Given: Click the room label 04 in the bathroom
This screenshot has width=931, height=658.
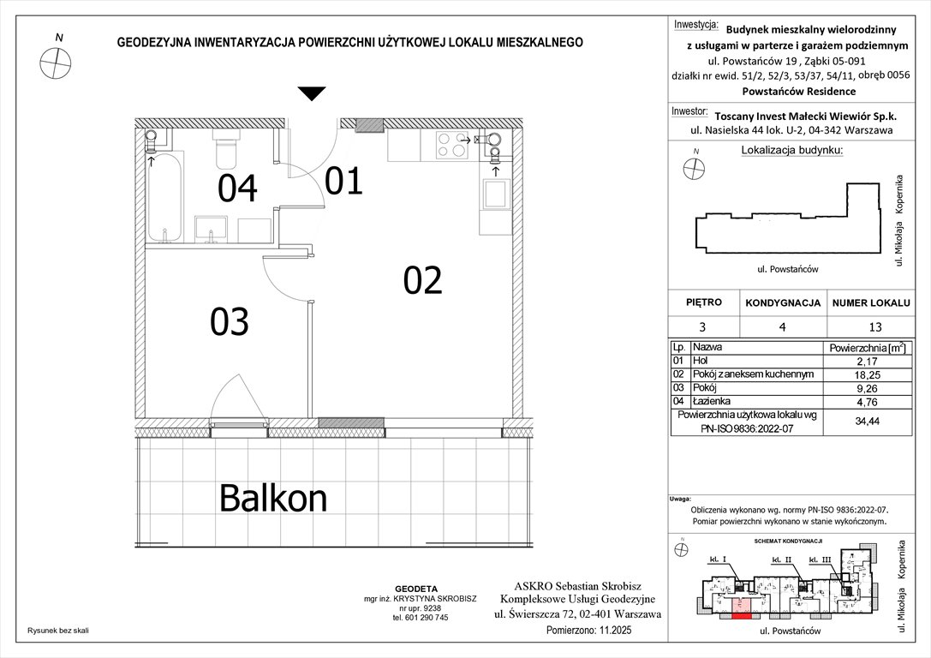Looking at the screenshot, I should point(237,188).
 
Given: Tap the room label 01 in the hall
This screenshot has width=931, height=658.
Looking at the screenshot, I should point(343,182).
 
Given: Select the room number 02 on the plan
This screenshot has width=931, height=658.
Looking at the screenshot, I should point(423,281).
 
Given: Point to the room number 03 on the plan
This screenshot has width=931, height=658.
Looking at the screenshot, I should point(230,321).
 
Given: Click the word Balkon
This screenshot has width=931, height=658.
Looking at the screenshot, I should point(273,496).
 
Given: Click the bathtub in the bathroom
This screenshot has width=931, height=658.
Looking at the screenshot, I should point(162,196).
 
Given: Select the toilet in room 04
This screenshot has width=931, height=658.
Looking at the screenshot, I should point(226,152).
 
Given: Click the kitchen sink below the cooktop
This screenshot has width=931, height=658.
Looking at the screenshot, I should point(495,194).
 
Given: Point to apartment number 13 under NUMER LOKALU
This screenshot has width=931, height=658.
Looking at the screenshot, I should point(868,326).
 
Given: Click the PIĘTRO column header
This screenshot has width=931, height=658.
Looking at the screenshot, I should point(703,302).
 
